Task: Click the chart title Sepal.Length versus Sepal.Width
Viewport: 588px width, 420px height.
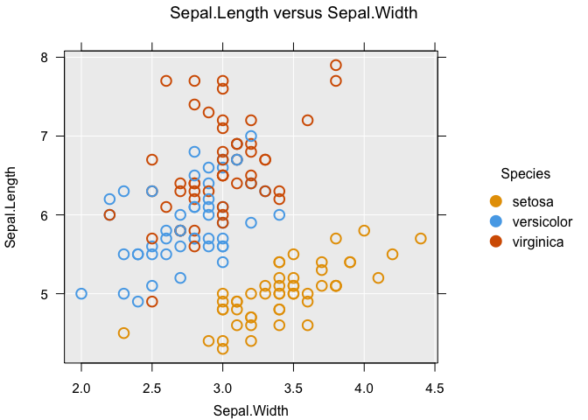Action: (x=293, y=13)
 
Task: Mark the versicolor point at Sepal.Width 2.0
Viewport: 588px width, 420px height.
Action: (x=81, y=294)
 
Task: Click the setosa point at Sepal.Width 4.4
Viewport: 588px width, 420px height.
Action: (x=421, y=239)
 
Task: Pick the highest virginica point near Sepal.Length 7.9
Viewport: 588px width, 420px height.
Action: (x=336, y=66)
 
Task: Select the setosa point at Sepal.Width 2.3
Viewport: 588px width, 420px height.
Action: (x=123, y=333)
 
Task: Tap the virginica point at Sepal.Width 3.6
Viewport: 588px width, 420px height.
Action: (x=307, y=120)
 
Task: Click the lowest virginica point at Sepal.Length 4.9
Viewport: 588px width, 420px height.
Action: (x=152, y=302)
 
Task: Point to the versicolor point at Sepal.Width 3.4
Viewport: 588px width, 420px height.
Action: (x=279, y=215)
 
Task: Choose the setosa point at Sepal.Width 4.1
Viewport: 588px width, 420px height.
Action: (x=378, y=278)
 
